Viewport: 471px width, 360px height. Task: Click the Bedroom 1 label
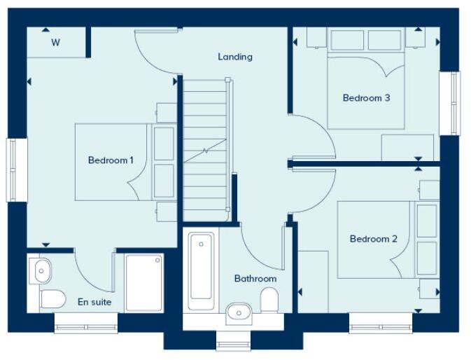click(x=111, y=160)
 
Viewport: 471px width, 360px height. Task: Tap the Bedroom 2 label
click(x=373, y=239)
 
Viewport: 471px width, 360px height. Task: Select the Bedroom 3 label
click(x=366, y=98)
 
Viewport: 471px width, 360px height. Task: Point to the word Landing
click(x=235, y=57)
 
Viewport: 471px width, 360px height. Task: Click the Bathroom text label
click(x=255, y=278)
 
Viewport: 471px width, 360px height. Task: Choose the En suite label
click(x=94, y=303)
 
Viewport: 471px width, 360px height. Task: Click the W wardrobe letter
click(x=55, y=43)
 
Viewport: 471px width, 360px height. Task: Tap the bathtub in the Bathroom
click(x=200, y=268)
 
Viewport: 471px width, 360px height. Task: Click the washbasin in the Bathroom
click(x=238, y=310)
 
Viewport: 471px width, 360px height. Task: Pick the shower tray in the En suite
click(x=143, y=282)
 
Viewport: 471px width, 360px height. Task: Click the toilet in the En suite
click(x=52, y=299)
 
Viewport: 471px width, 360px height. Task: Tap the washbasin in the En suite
click(x=40, y=268)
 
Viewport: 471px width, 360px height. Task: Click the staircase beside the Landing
click(x=206, y=149)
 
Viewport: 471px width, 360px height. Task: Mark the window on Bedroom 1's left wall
click(x=12, y=170)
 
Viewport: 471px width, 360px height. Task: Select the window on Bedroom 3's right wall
click(x=454, y=103)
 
